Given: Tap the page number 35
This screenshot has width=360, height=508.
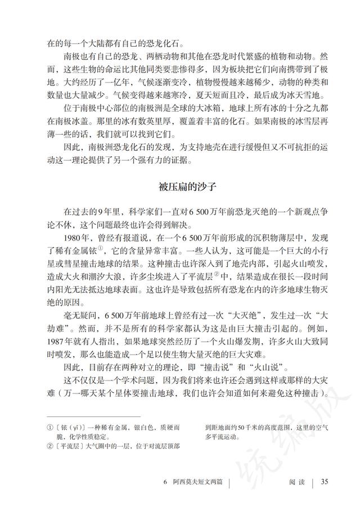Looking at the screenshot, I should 325,481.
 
